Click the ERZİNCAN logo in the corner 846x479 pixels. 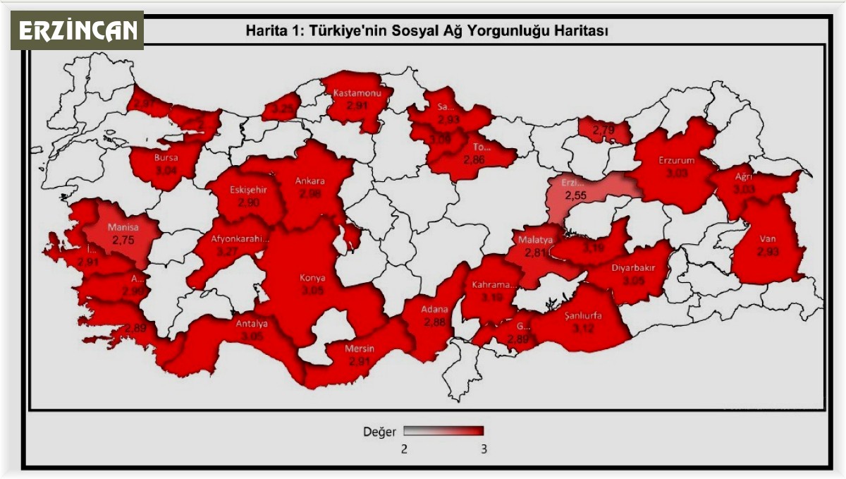coord(77,30)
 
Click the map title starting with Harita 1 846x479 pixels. coord(427,31)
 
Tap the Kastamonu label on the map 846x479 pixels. coord(357,94)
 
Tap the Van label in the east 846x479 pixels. coord(768,238)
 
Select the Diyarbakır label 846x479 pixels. coord(634,268)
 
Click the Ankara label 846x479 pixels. coord(309,181)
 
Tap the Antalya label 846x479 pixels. coord(251,325)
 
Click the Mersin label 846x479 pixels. coord(360,349)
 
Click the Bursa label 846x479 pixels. coord(166,157)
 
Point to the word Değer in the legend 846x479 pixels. coord(379,431)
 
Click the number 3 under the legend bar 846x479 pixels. coord(483,449)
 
